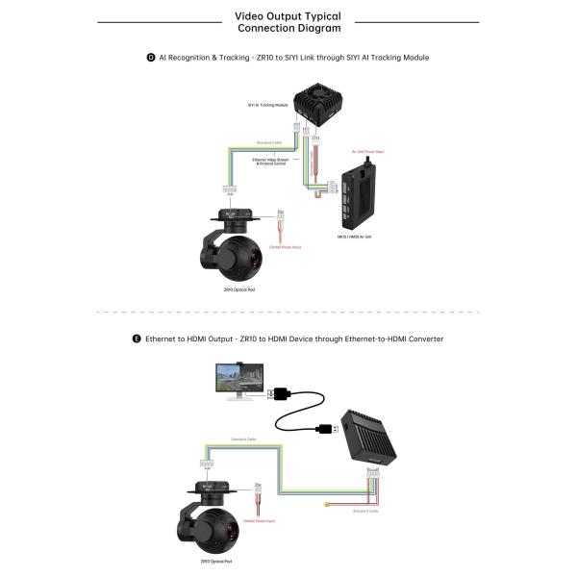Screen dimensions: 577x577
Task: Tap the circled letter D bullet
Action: (x=151, y=58)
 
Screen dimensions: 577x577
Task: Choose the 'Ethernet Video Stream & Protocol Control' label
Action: (x=272, y=163)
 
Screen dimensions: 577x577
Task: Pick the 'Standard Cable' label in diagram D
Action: (x=269, y=143)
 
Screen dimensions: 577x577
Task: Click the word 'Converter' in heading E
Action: (x=424, y=339)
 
